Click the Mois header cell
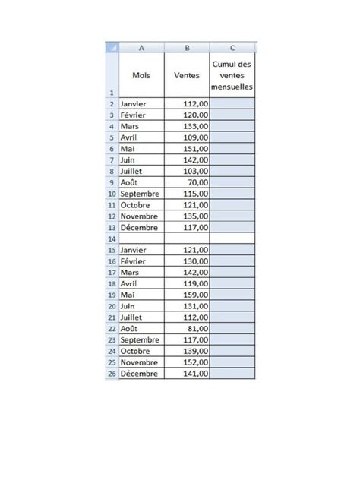pyautogui.click(x=141, y=75)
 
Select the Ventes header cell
pyautogui.click(x=187, y=75)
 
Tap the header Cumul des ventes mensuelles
pyautogui.click(x=234, y=75)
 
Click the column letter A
pyautogui.click(x=141, y=47)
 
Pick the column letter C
pyautogui.click(x=234, y=47)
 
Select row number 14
pyautogui.click(x=112, y=238)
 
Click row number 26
pyautogui.click(x=112, y=374)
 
